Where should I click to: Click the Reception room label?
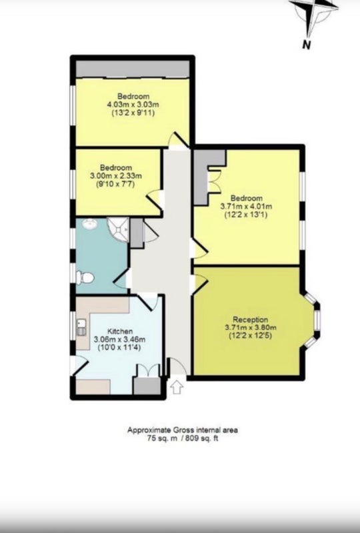250,320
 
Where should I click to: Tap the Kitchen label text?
120,331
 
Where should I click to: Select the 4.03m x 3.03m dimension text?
133,105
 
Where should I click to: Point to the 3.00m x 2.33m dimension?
116,176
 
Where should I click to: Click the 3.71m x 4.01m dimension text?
246,206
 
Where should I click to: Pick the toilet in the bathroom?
85,278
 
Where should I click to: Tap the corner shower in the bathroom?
119,229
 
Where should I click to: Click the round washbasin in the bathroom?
90,224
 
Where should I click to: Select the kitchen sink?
81,327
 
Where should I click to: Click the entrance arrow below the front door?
177,387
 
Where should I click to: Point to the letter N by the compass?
306,44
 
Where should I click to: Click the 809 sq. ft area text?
201,438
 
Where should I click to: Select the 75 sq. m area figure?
162,438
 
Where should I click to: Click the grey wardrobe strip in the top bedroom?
133,69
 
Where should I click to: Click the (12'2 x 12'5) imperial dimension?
250,336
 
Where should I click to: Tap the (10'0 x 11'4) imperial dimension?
119,347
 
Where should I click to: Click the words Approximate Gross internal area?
183,430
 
